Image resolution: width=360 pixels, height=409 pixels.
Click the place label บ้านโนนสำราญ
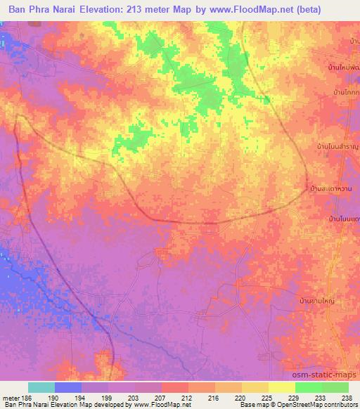(336, 146)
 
